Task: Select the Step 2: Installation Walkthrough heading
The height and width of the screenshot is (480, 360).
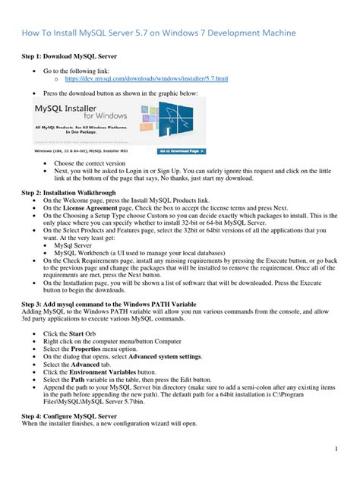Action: point(73,194)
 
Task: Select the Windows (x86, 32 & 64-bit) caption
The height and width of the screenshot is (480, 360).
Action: point(80,150)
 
